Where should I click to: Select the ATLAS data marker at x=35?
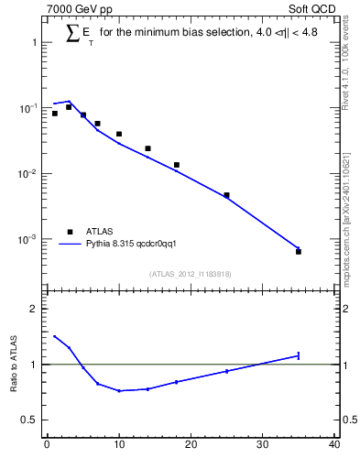[x=299, y=251]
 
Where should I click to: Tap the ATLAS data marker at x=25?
[x=226, y=195]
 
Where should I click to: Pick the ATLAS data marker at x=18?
[x=176, y=165]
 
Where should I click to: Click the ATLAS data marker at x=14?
[x=147, y=148]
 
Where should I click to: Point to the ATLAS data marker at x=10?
[x=119, y=134]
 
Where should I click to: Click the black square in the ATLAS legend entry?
[x=70, y=232]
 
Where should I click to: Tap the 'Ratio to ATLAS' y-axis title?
[x=15, y=365]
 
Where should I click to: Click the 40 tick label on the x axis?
[x=334, y=445]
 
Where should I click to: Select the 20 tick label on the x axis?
[x=191, y=445]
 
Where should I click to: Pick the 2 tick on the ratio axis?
[x=37, y=309]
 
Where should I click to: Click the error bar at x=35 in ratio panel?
[x=299, y=355]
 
